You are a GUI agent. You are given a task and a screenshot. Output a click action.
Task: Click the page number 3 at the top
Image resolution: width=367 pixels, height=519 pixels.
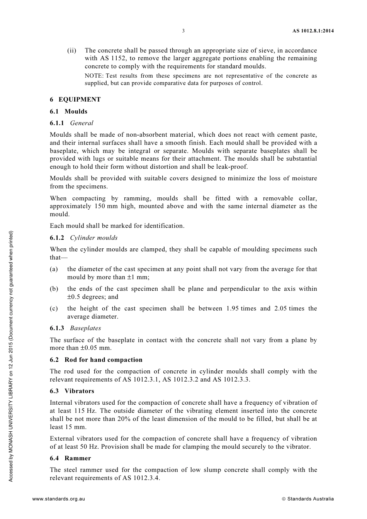[x=183, y=31]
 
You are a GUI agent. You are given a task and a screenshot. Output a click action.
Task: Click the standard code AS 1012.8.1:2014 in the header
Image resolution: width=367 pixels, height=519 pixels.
[x=313, y=31]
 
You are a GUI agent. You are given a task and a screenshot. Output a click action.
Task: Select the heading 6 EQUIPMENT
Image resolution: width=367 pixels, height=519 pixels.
[x=75, y=100]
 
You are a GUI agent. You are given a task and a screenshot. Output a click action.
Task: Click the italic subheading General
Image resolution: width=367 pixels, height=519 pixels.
[x=82, y=123]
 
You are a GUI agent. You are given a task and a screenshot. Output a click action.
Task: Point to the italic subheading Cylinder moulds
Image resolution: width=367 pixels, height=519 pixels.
[x=93, y=238]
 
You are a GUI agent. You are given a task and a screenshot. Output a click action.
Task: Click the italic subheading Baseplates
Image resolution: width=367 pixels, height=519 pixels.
[x=85, y=328]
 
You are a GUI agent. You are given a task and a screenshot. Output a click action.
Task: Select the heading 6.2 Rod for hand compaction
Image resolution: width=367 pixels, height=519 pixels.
[x=96, y=360]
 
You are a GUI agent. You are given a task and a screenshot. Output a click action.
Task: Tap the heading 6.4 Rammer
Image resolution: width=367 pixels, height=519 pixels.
[x=70, y=458]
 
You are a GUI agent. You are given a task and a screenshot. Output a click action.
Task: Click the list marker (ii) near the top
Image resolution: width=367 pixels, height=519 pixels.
[x=72, y=51]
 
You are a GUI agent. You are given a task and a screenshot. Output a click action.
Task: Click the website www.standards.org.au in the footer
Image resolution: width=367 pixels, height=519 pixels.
[x=58, y=499]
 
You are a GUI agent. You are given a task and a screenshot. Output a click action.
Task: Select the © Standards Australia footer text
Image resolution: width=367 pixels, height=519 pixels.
[x=308, y=499]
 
